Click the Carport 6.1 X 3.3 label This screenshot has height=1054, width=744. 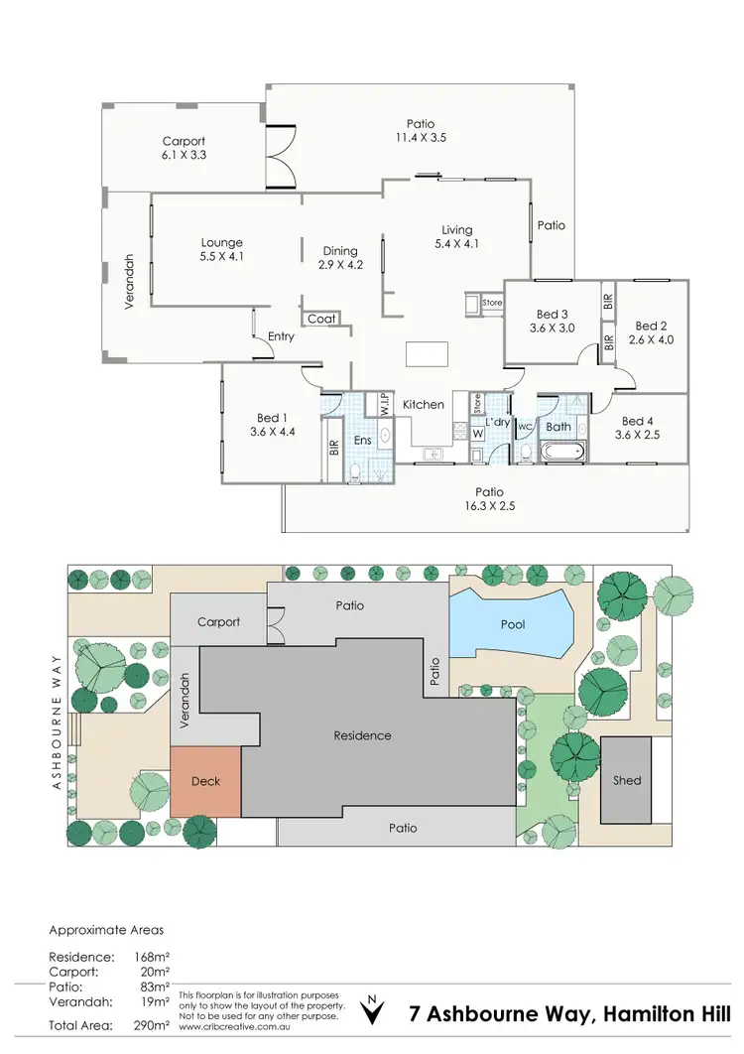coord(185,148)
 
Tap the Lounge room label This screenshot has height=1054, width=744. coord(221,249)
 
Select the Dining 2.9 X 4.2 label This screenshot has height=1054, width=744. coord(340,258)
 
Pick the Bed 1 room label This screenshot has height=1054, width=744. coord(274,424)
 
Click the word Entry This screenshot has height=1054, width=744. coord(281,336)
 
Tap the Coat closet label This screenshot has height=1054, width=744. coord(321,319)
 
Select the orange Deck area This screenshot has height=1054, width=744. coord(205,781)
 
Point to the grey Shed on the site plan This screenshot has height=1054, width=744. coord(627,780)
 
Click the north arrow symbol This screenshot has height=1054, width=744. coord(372,1009)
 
